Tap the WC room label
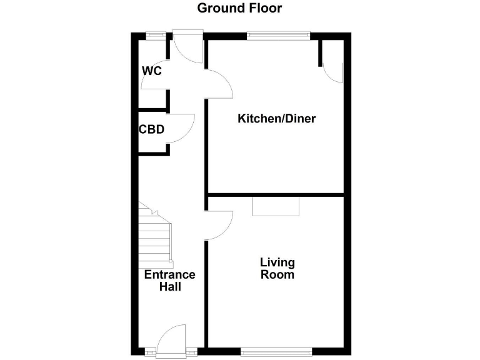pyautogui.click(x=152, y=71)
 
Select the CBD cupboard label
pyautogui.click(x=151, y=130)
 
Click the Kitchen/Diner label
pyautogui.click(x=276, y=119)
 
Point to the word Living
pyautogui.click(x=277, y=262)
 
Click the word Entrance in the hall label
pyautogui.click(x=169, y=275)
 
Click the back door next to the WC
pyautogui.click(x=188, y=49)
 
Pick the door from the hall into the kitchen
pyautogui.click(x=219, y=84)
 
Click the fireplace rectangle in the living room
pyautogui.click(x=276, y=206)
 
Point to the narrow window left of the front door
pyautogui.click(x=150, y=352)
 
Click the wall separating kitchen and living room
pyautogui.click(x=276, y=194)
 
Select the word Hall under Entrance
pyautogui.click(x=169, y=287)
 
